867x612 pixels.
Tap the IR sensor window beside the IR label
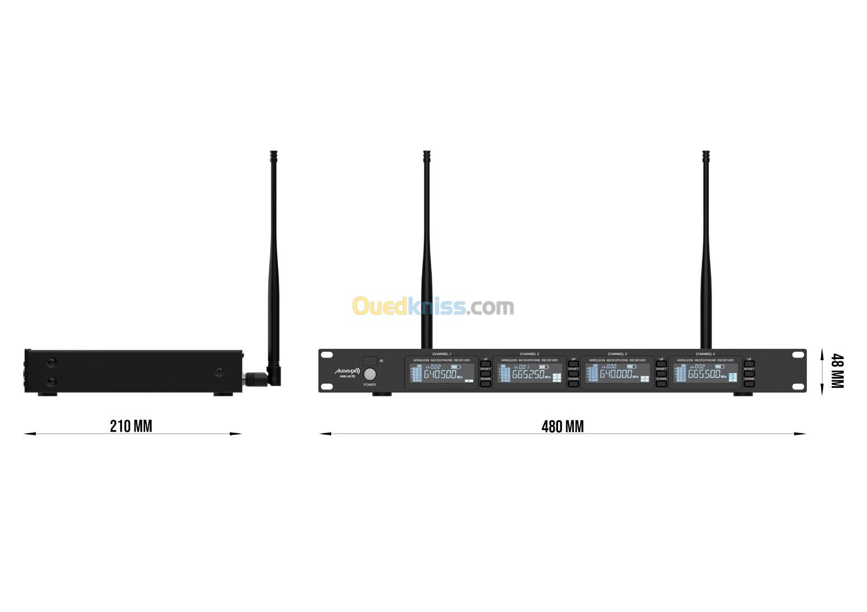click(370, 361)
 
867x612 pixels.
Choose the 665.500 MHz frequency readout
click(703, 374)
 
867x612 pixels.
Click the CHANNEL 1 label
click(442, 354)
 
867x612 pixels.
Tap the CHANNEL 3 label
click(617, 354)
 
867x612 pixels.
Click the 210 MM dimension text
click(131, 426)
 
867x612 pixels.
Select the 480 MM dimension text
click(562, 427)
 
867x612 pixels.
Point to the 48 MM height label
click(837, 371)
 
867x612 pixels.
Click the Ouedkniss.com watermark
click(433, 307)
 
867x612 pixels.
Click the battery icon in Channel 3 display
click(631, 367)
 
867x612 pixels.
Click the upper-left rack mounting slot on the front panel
click(327, 355)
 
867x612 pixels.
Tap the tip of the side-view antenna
click(273, 154)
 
